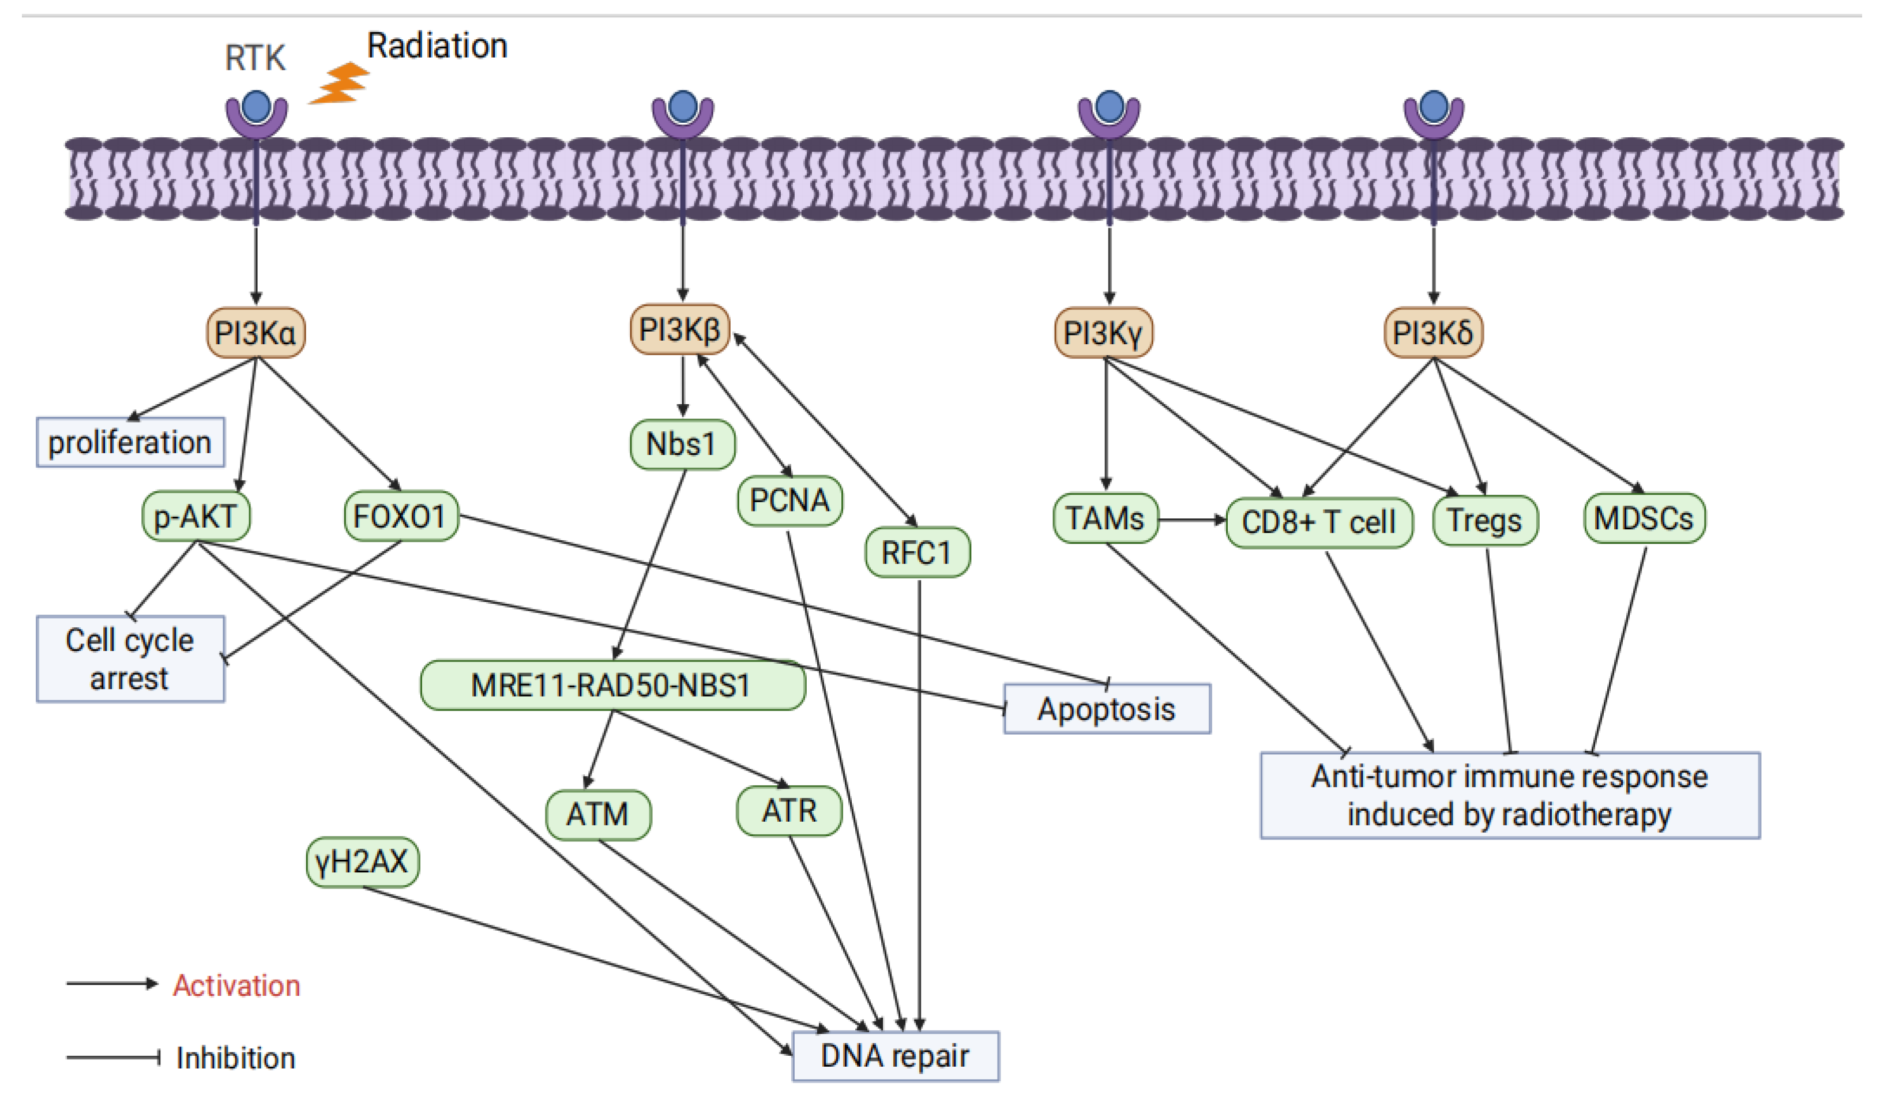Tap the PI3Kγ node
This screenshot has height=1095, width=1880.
1103,333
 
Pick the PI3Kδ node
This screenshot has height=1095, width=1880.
1432,333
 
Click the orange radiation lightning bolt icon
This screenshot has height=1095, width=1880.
340,84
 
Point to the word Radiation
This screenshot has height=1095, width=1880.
437,46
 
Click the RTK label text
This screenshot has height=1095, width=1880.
255,58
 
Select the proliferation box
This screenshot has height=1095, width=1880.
130,442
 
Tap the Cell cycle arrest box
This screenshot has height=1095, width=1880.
130,658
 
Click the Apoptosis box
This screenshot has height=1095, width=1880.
1106,709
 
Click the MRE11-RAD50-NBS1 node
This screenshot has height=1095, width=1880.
612,685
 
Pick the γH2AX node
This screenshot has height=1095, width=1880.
363,861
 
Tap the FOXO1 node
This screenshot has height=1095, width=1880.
401,515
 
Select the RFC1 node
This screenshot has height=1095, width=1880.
917,553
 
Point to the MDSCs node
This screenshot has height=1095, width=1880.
1644,518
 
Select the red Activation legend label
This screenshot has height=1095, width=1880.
236,985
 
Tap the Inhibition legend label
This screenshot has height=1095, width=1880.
236,1058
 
